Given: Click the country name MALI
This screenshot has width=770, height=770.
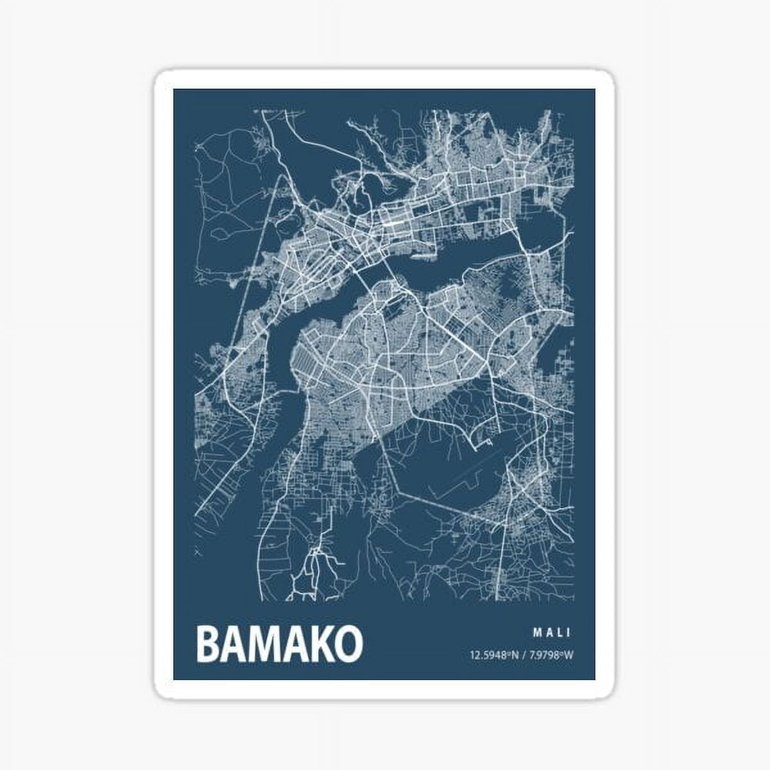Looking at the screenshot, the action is (x=552, y=633).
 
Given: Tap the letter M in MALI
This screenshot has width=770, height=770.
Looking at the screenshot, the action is (x=536, y=633).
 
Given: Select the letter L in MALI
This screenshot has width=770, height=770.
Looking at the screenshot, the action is (x=560, y=633).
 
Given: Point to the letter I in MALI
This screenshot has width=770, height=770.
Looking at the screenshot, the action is (x=569, y=633).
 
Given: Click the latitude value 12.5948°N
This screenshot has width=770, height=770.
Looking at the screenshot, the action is (x=493, y=655).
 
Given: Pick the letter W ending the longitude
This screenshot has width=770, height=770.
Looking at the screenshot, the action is (x=568, y=655).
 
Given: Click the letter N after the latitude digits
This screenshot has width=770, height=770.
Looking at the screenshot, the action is (x=514, y=655).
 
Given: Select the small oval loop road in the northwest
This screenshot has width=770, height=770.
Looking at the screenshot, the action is (x=221, y=233).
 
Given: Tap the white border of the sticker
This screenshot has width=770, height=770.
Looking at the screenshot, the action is (x=164, y=385).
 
